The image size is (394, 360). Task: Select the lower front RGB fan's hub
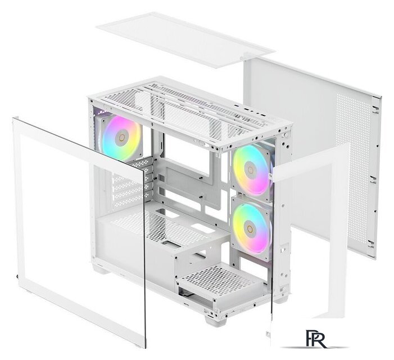[249, 225]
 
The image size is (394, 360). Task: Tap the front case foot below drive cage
[215, 321]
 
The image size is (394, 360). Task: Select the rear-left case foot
[101, 269]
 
